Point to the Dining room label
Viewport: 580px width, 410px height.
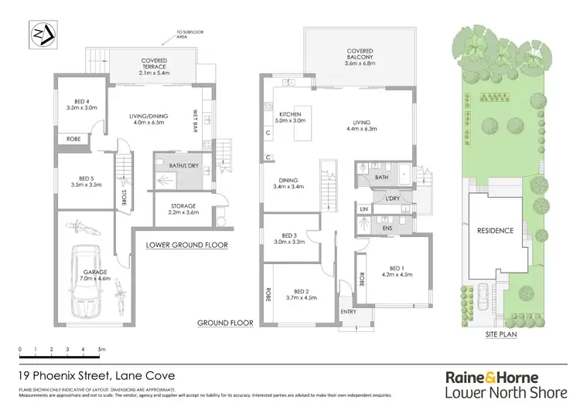click(287, 184)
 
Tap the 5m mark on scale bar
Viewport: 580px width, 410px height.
click(101, 350)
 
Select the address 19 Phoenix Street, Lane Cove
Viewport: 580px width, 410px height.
click(96, 376)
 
